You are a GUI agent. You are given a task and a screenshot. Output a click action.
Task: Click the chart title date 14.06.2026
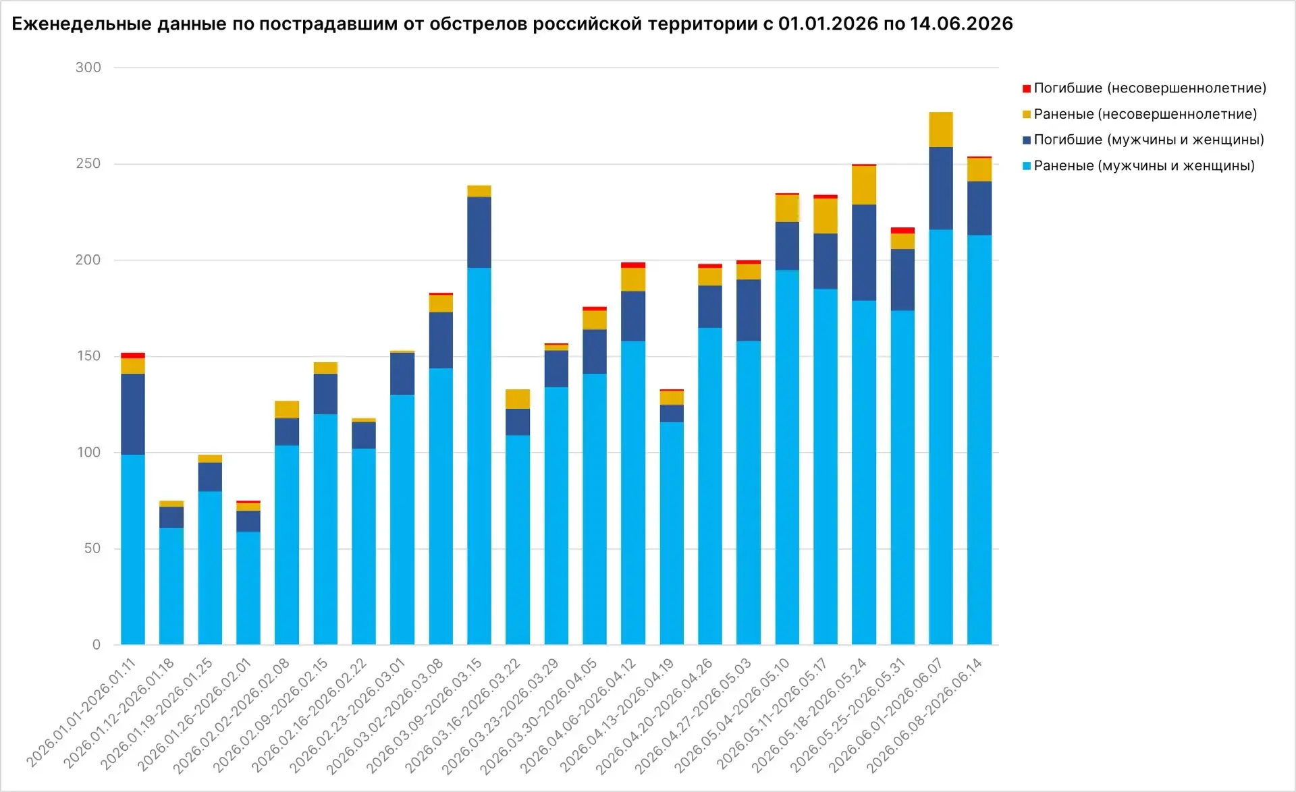[x=961, y=24]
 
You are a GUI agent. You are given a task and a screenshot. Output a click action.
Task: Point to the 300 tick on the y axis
[x=88, y=67]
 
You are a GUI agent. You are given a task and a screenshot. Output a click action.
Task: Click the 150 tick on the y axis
[x=88, y=356]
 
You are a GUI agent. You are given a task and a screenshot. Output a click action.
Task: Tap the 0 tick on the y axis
[x=97, y=645]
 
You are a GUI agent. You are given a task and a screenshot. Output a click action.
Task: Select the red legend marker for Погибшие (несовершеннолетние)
[x=1027, y=88]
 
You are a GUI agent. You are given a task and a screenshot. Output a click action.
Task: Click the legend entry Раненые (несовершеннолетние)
[x=1140, y=114]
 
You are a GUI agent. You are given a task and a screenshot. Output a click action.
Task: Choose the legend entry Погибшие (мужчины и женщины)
[x=1143, y=140]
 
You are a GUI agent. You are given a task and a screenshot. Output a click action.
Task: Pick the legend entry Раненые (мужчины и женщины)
[x=1139, y=166]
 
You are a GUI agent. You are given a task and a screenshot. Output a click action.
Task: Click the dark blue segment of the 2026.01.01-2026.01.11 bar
[x=133, y=414]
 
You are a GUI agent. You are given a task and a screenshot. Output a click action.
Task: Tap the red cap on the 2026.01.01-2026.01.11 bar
[x=133, y=356]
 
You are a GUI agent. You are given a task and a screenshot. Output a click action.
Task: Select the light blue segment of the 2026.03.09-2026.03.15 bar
[x=479, y=456]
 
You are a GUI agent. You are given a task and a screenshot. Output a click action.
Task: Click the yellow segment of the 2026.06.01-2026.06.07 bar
[x=941, y=130]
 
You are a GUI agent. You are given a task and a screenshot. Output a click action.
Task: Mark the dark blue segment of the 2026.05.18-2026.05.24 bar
[x=864, y=252]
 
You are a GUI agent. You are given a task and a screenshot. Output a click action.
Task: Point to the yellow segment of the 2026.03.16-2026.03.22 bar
[x=518, y=399]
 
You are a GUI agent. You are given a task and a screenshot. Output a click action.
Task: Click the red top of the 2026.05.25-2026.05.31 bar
[x=902, y=231]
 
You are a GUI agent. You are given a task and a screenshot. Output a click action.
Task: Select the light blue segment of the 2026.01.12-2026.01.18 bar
[x=171, y=586]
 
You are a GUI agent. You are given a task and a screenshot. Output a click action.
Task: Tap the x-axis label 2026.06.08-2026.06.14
[x=924, y=714]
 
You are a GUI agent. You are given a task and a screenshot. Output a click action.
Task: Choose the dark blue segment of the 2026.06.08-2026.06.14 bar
[x=979, y=208]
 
